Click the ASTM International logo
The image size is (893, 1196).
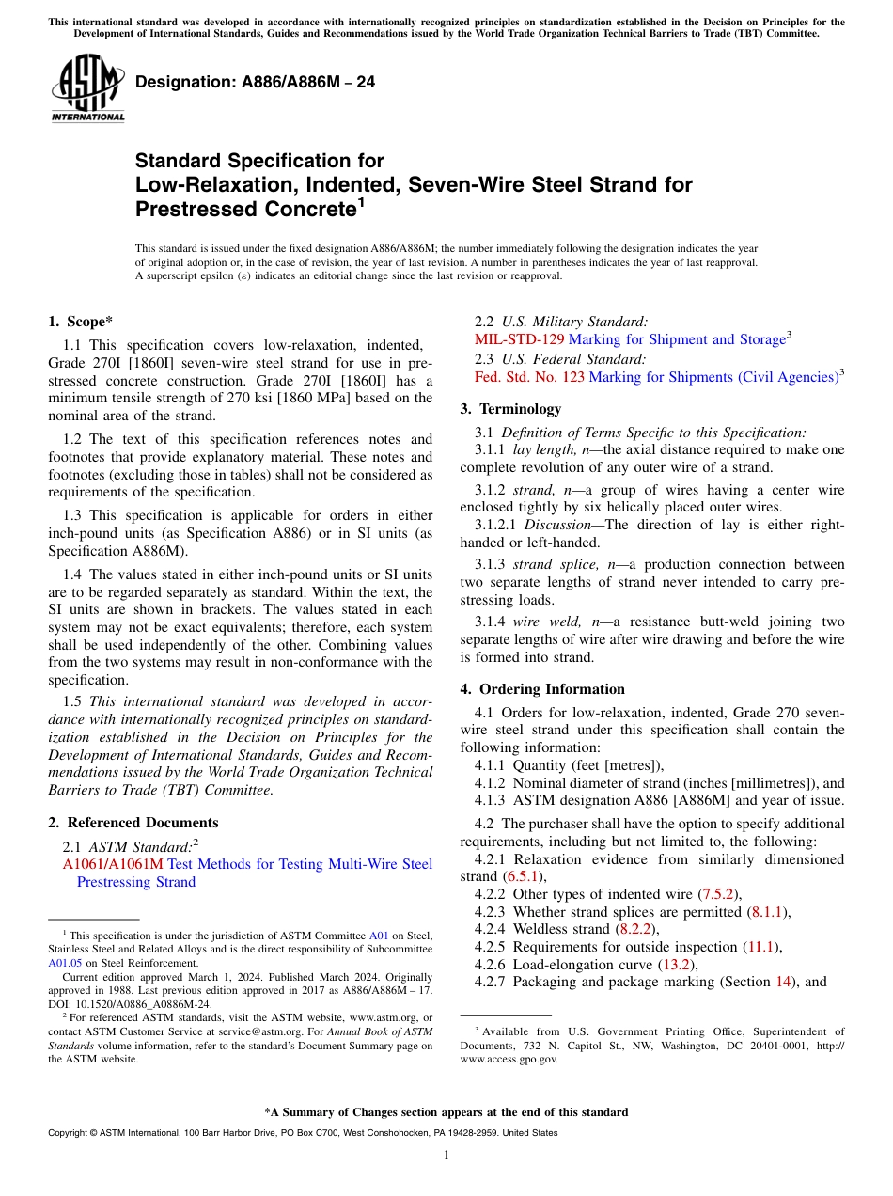(87, 89)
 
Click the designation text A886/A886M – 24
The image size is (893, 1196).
(255, 83)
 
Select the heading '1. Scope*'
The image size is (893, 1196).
(82, 322)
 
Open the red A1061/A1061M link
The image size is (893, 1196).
(113, 864)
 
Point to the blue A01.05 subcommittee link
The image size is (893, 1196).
(63, 962)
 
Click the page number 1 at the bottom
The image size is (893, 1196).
(446, 1156)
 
